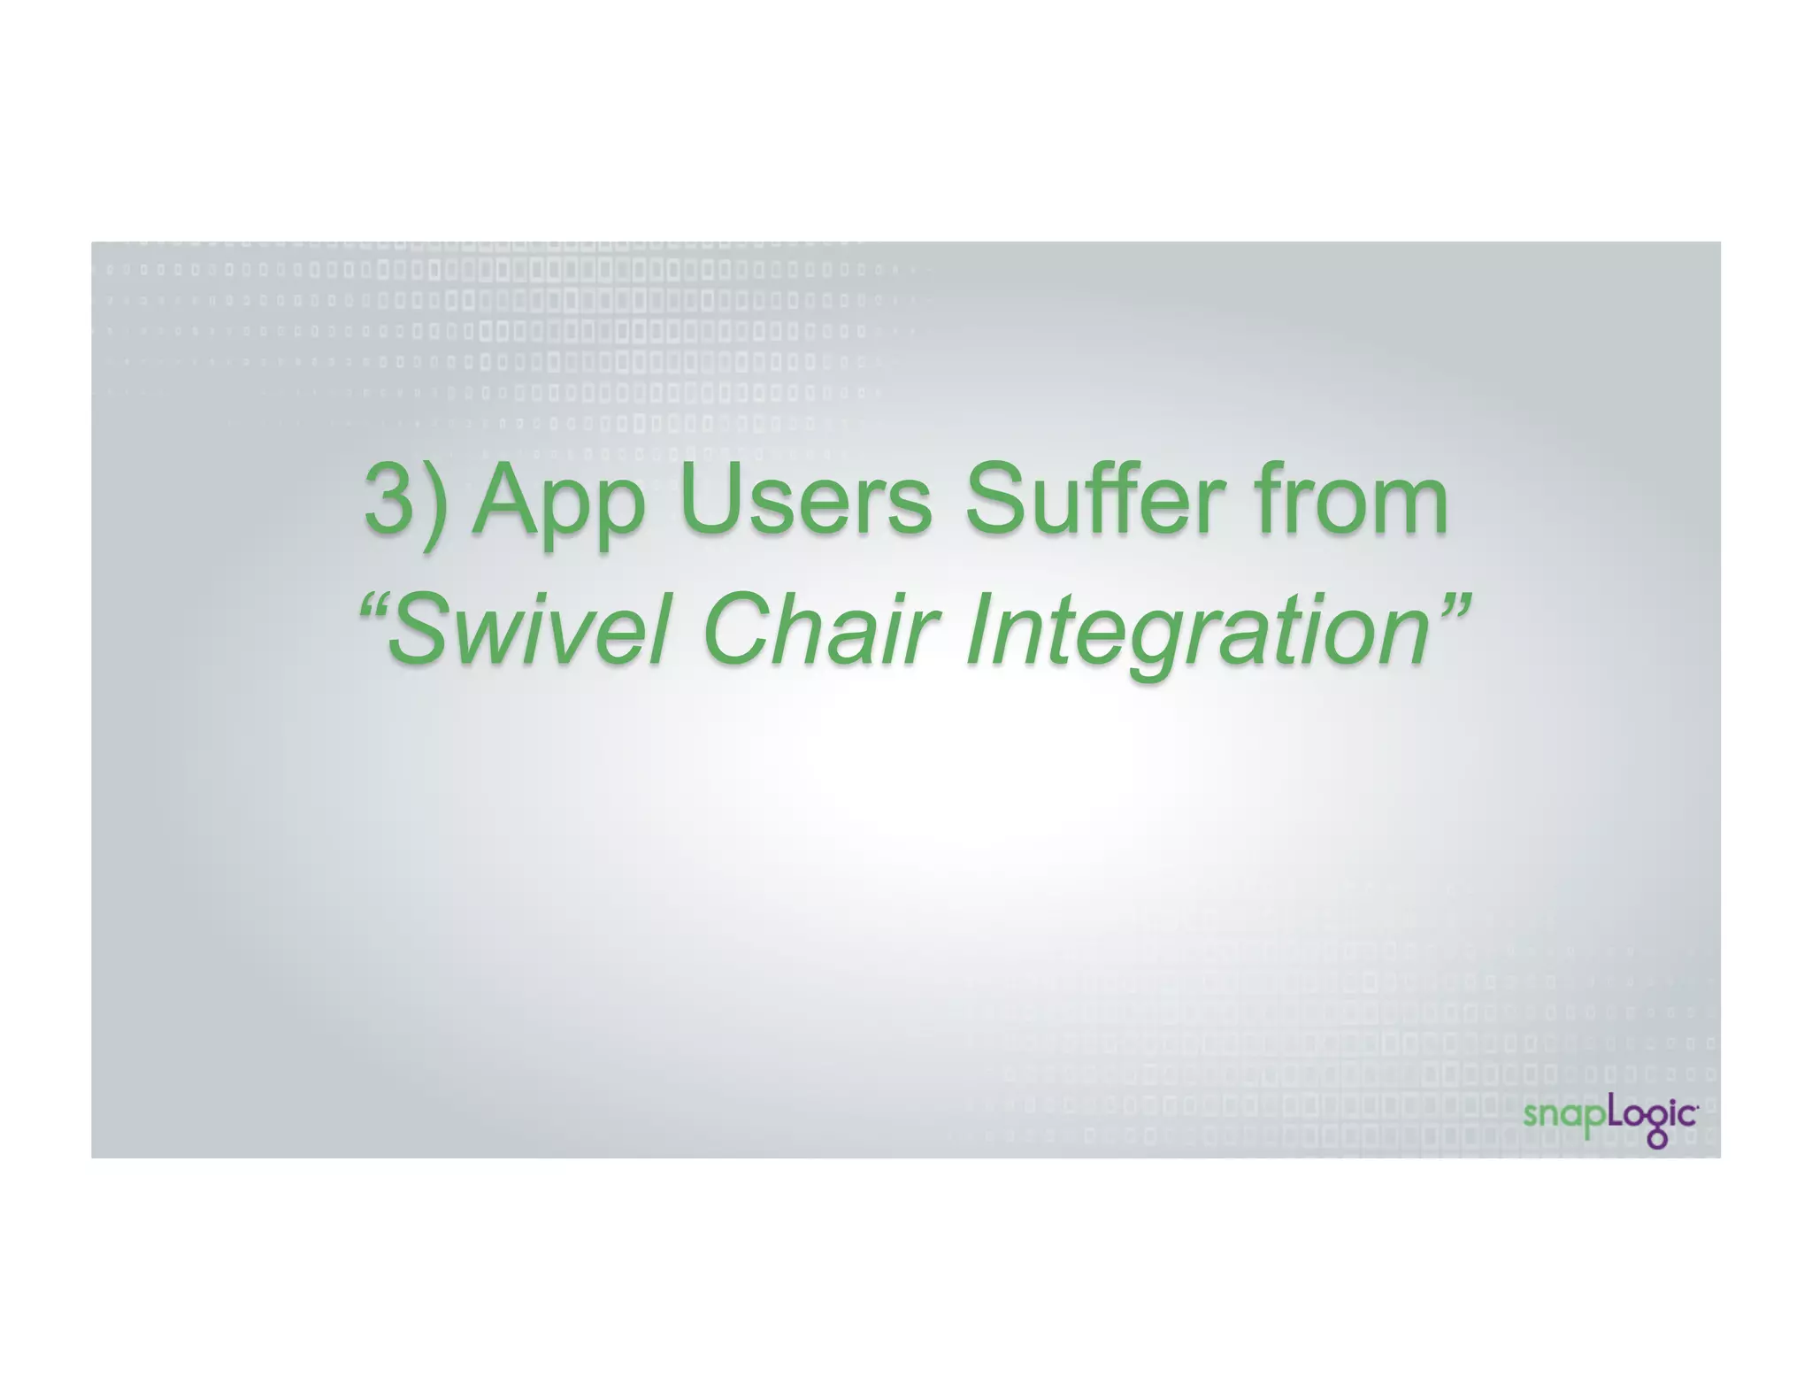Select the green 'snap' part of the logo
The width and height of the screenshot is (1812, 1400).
1563,1116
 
